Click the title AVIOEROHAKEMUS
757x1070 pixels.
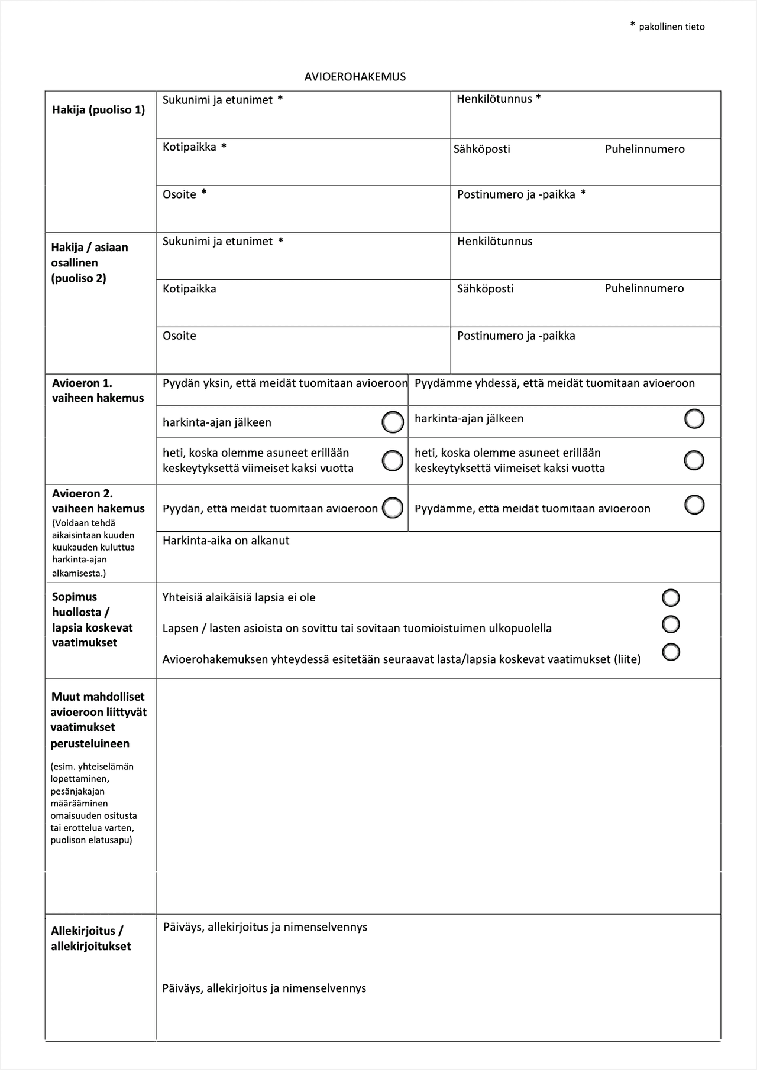(x=355, y=77)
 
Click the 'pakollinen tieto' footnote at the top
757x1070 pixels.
(x=671, y=27)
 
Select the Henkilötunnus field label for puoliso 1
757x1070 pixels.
(x=494, y=99)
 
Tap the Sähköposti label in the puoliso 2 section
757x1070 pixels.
(x=485, y=289)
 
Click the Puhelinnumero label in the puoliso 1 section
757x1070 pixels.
(x=645, y=149)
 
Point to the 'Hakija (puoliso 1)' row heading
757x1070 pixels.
(x=98, y=110)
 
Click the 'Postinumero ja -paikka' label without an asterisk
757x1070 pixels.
(x=516, y=336)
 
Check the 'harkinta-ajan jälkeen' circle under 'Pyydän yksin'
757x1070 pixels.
(x=393, y=422)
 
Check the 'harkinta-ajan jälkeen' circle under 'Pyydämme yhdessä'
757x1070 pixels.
(x=694, y=419)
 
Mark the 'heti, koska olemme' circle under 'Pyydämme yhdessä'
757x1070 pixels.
(x=694, y=460)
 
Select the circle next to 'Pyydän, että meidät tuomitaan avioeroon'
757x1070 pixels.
(x=393, y=508)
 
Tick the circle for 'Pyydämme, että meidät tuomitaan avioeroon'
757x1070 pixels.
(x=694, y=505)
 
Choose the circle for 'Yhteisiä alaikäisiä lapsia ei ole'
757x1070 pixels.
(x=671, y=597)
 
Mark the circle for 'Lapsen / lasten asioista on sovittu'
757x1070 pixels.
(x=671, y=624)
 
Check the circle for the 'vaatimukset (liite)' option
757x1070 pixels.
(x=671, y=652)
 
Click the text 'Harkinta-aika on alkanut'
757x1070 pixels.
(x=226, y=541)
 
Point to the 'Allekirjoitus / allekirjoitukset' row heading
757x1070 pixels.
(x=91, y=938)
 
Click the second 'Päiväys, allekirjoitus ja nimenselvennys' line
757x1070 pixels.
(x=264, y=988)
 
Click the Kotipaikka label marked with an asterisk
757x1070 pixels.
(x=189, y=147)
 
